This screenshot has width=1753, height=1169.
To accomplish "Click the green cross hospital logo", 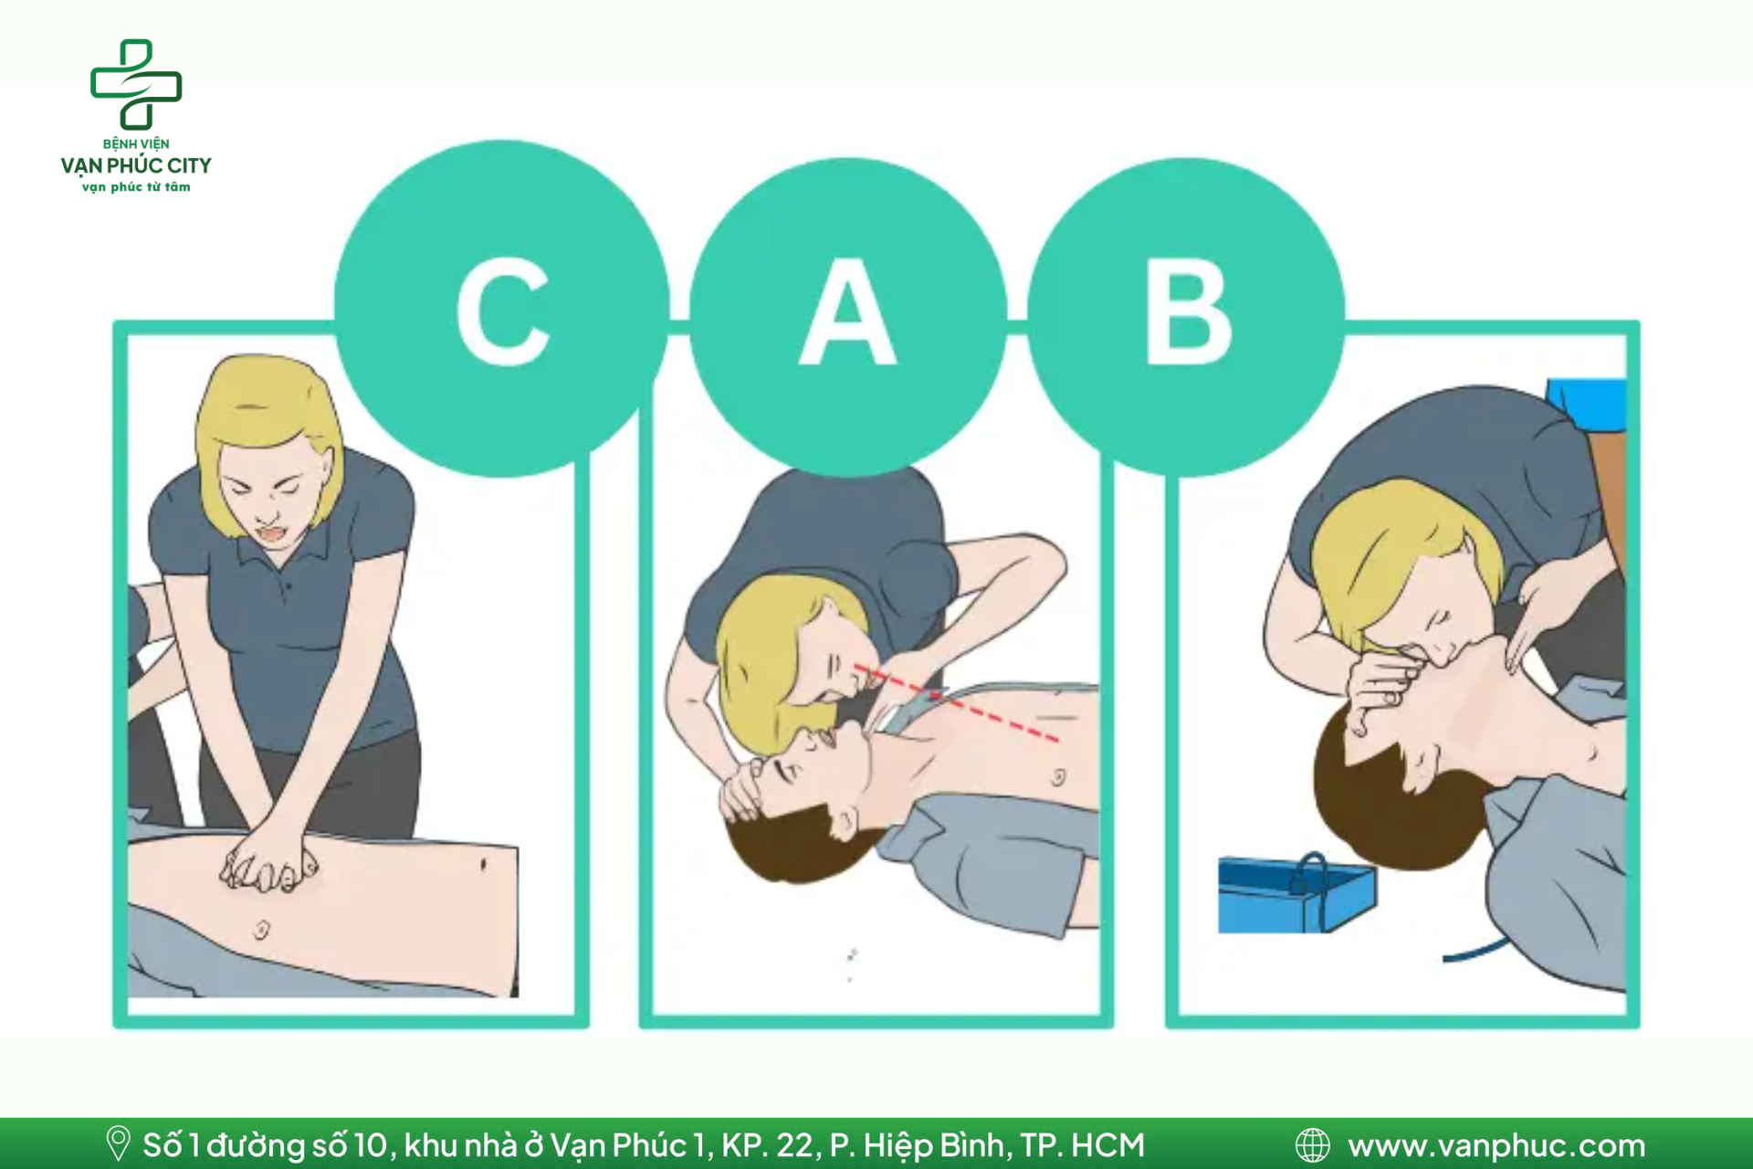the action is click(136, 84).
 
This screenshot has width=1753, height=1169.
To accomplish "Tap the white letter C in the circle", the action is click(503, 311).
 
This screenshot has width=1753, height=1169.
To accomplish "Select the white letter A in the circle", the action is click(848, 311).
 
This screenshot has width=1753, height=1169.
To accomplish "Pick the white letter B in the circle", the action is click(1189, 311).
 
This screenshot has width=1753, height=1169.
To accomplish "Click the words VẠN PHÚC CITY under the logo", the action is click(136, 165).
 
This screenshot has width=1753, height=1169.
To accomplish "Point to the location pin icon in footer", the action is click(118, 1143).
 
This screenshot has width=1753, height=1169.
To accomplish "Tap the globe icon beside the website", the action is click(1313, 1144).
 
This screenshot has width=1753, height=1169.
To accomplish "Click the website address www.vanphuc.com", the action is click(1496, 1144).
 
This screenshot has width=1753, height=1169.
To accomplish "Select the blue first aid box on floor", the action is click(1297, 893).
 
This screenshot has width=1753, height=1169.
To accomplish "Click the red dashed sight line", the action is click(956, 703).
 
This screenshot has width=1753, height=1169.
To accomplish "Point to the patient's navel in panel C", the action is click(261, 930).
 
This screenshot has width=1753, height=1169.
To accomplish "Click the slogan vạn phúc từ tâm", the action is click(136, 187).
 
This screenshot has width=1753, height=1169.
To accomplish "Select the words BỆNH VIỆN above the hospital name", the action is click(136, 143).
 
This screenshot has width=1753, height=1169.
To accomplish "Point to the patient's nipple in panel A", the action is click(1058, 778).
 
